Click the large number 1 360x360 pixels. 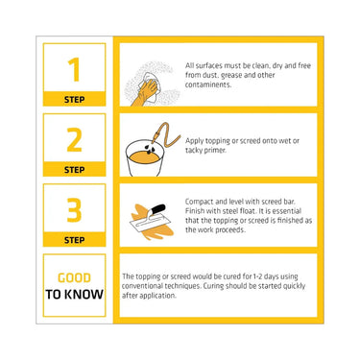74,69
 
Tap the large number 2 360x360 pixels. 74,139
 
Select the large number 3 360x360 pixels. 74,210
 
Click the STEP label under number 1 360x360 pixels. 74,100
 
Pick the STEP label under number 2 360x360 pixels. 74,170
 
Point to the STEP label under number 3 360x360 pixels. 74,240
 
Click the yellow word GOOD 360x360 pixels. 74,277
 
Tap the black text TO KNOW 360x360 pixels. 74,295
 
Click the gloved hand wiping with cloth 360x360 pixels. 146,91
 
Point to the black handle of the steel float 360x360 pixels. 157,210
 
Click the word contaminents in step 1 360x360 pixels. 208,84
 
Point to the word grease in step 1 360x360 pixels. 231,76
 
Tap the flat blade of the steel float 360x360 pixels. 147,225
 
